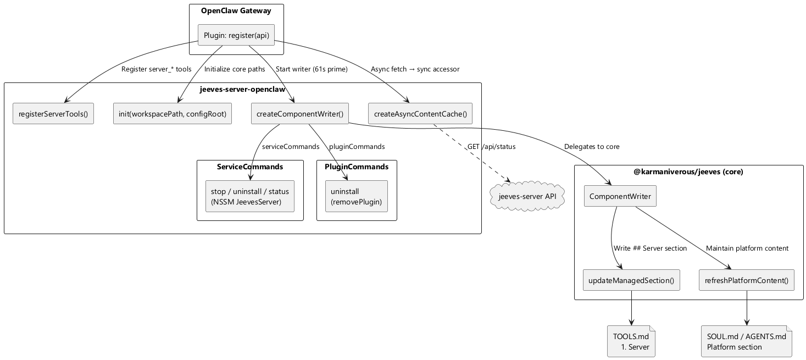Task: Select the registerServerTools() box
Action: coord(53,114)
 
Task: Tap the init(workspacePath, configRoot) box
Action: coord(172,114)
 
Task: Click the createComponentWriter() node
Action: coord(299,114)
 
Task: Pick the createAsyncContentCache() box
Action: coord(420,114)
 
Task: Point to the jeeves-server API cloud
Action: coord(527,196)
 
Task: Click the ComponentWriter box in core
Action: coord(620,196)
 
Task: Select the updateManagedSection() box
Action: coord(631,280)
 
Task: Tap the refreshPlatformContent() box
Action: coord(746,280)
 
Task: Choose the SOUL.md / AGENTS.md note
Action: coord(746,341)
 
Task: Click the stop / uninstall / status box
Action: coord(250,196)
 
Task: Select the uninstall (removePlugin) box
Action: coord(356,196)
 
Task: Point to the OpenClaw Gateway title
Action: coord(236,10)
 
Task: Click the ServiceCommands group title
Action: coord(250,167)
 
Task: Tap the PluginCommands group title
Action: coord(357,167)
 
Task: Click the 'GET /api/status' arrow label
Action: coord(491,147)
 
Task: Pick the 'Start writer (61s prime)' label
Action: coord(312,69)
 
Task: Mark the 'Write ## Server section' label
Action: coord(650,248)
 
